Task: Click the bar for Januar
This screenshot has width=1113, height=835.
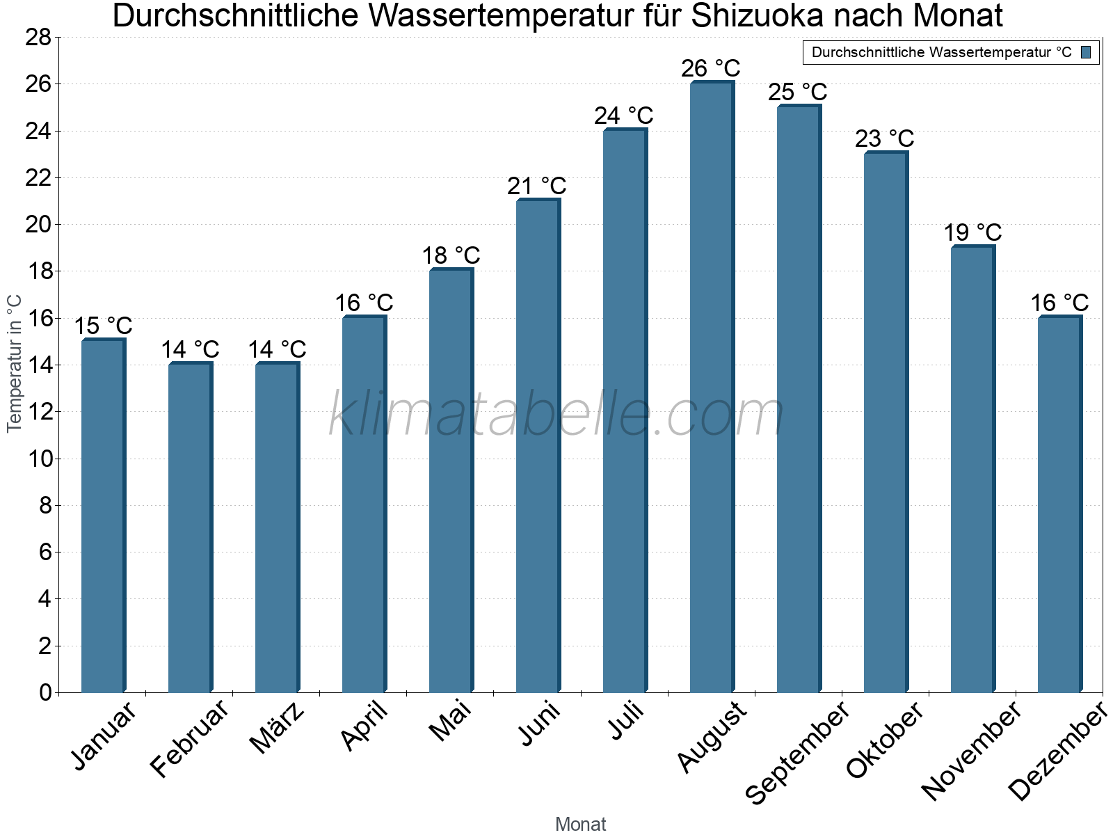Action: point(103,516)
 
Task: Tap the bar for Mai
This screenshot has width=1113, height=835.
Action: point(451,481)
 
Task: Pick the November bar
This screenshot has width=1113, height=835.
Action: point(972,469)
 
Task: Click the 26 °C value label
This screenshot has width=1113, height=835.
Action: point(710,69)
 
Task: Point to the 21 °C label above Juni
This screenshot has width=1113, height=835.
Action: point(536,186)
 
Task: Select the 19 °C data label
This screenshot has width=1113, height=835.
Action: point(972,232)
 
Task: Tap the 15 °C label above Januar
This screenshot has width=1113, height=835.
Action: point(103,326)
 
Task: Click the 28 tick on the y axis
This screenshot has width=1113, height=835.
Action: point(39,38)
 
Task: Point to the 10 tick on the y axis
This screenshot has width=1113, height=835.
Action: point(39,459)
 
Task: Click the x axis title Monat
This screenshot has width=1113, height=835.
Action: point(581,825)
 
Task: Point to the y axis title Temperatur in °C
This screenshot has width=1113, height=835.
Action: point(15,363)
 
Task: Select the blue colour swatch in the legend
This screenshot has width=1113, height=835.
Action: point(1087,52)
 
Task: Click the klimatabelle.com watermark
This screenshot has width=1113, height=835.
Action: point(556,415)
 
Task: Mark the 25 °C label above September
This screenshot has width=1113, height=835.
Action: point(798,92)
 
